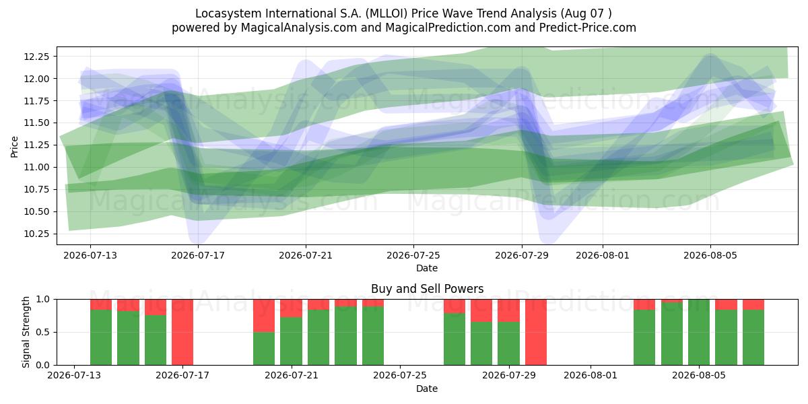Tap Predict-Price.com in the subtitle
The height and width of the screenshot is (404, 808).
(588, 28)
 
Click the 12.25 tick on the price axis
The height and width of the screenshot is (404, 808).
(36, 57)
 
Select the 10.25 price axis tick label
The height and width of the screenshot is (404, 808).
(36, 234)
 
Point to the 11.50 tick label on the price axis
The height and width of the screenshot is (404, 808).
(36, 123)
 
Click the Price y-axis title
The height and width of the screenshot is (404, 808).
(14, 147)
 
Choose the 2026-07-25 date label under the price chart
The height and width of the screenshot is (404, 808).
(413, 255)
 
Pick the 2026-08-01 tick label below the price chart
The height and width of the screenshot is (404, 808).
(603, 255)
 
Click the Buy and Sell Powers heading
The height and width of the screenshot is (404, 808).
(427, 289)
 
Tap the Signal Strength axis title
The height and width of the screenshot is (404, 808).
(26, 332)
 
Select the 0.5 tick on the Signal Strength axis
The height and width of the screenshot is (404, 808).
(43, 332)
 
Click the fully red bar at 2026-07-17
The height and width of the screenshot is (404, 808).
(182, 332)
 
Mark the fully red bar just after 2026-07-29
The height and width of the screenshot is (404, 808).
(536, 332)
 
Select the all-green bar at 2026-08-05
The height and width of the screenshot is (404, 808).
(699, 332)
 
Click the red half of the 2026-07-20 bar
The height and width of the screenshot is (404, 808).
(264, 316)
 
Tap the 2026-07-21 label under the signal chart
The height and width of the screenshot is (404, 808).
(292, 376)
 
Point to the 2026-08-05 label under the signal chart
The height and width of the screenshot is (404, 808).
(699, 376)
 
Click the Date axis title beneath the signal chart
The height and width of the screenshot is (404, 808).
(427, 389)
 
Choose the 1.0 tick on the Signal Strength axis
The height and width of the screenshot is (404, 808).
(43, 300)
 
